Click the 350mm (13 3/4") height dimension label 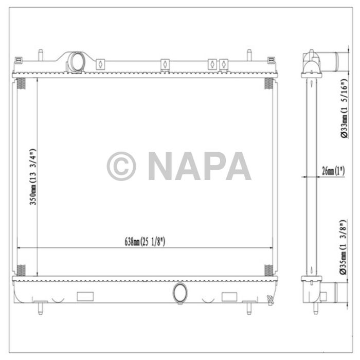pos(32,177)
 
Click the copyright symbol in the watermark pos(121,166)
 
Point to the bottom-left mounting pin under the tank pos(40,307)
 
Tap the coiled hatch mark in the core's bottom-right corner pos(268,270)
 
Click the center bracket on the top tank pos(165,64)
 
